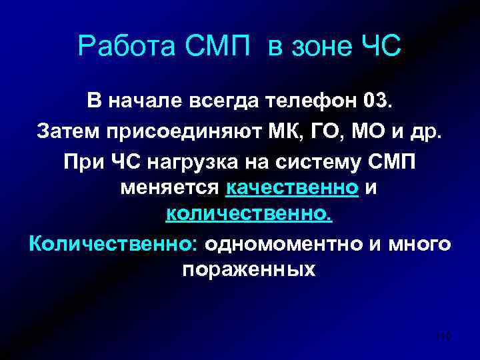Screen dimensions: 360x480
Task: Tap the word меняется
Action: point(170,189)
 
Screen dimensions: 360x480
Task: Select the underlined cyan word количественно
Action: point(248,215)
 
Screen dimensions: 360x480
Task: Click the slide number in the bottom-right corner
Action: point(441,338)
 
